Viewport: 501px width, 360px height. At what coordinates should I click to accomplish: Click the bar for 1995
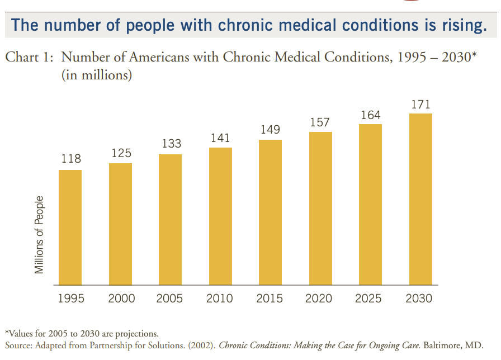[x=70, y=227]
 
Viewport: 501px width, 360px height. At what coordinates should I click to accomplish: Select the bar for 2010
[x=220, y=216]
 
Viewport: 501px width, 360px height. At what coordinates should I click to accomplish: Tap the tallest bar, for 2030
[x=420, y=199]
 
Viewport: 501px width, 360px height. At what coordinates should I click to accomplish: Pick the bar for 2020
[x=320, y=208]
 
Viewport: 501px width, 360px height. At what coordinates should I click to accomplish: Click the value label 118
[x=70, y=159]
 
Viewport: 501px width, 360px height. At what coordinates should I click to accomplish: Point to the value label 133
[x=171, y=144]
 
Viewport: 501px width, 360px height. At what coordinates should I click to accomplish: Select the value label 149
[x=270, y=130]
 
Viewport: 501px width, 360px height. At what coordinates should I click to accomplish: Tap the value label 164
[x=370, y=115]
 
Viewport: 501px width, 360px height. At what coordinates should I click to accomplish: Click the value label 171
[x=420, y=105]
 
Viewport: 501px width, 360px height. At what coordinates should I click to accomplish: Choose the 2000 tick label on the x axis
[x=121, y=299]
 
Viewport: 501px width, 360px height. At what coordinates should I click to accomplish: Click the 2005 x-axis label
[x=171, y=299]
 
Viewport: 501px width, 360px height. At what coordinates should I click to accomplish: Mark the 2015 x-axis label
[x=270, y=299]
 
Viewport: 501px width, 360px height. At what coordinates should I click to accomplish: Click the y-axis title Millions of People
[x=39, y=235]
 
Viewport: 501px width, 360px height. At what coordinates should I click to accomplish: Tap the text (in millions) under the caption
[x=97, y=74]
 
